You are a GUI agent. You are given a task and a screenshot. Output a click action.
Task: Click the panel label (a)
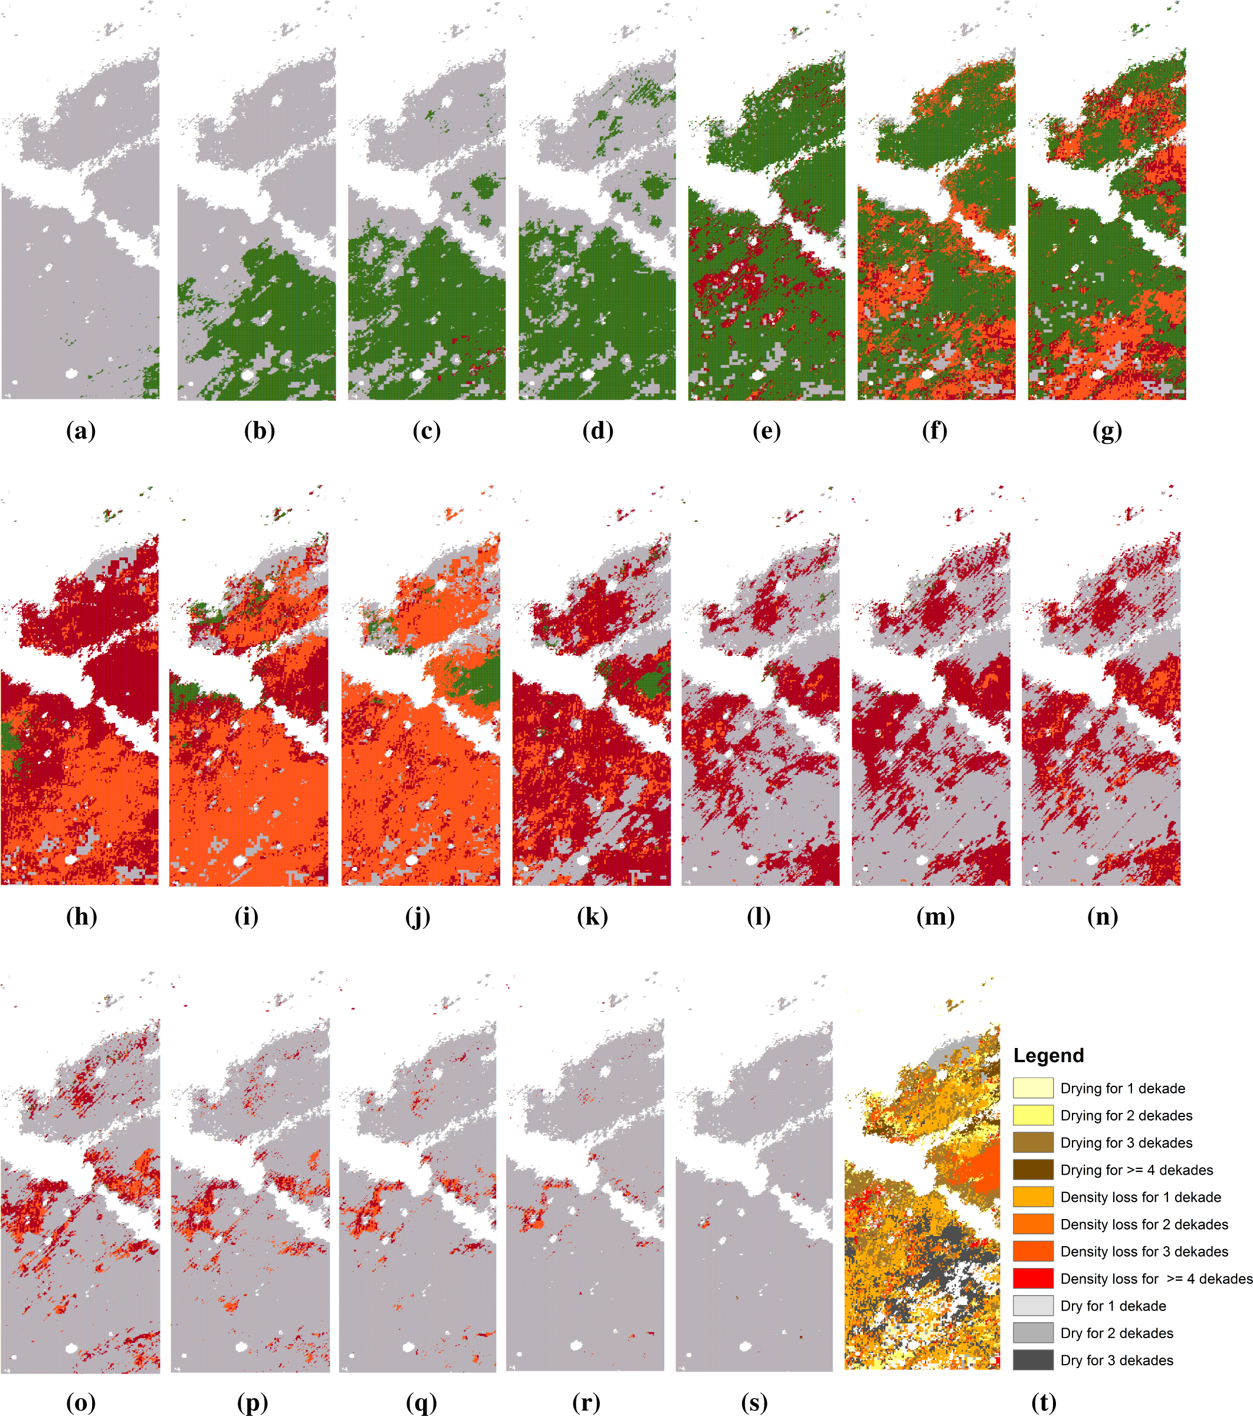pos(80,431)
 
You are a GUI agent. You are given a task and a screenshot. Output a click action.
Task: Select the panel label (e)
pos(766,431)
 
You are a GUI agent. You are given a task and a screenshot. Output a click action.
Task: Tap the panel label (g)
pos(1107,431)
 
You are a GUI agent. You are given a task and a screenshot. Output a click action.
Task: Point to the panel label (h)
pos(81,916)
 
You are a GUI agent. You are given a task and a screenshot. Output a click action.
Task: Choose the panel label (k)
pos(592,916)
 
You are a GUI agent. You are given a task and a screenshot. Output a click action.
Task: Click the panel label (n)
pos(1103,916)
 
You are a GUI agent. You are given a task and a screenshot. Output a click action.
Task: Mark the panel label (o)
pos(80,1403)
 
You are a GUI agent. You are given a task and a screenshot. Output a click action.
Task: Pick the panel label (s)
pos(755,1403)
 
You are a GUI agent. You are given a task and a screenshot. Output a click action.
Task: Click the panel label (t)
pos(1044,1403)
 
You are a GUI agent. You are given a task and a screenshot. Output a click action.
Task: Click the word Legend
pos(1048,1056)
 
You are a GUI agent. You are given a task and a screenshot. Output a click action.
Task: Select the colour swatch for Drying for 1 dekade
pos(1032,1088)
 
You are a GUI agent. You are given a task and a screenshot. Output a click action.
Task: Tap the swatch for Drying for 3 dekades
pos(1032,1142)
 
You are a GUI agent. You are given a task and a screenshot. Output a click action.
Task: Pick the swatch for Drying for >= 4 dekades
pos(1032,1170)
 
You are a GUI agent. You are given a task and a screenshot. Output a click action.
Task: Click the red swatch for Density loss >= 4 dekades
pos(1032,1279)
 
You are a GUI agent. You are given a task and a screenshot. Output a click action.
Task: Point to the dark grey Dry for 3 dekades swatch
pos(1032,1361)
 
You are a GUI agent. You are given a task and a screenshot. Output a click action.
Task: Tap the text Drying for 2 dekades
pos(1126,1115)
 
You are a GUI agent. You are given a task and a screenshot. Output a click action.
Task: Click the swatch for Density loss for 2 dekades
pos(1032,1224)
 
